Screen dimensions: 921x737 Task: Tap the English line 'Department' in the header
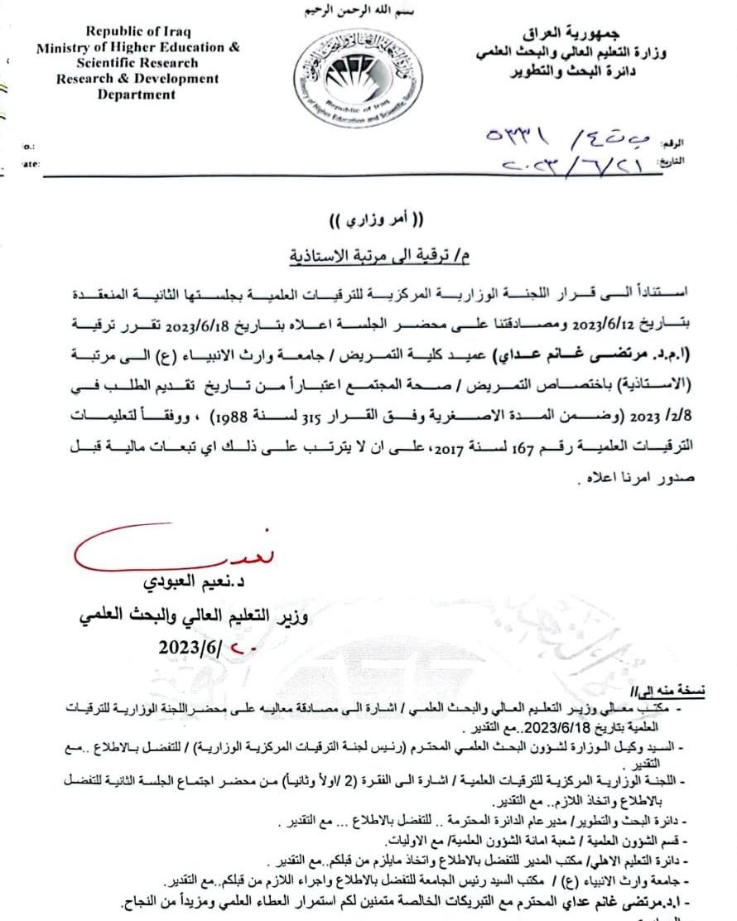(137, 94)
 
